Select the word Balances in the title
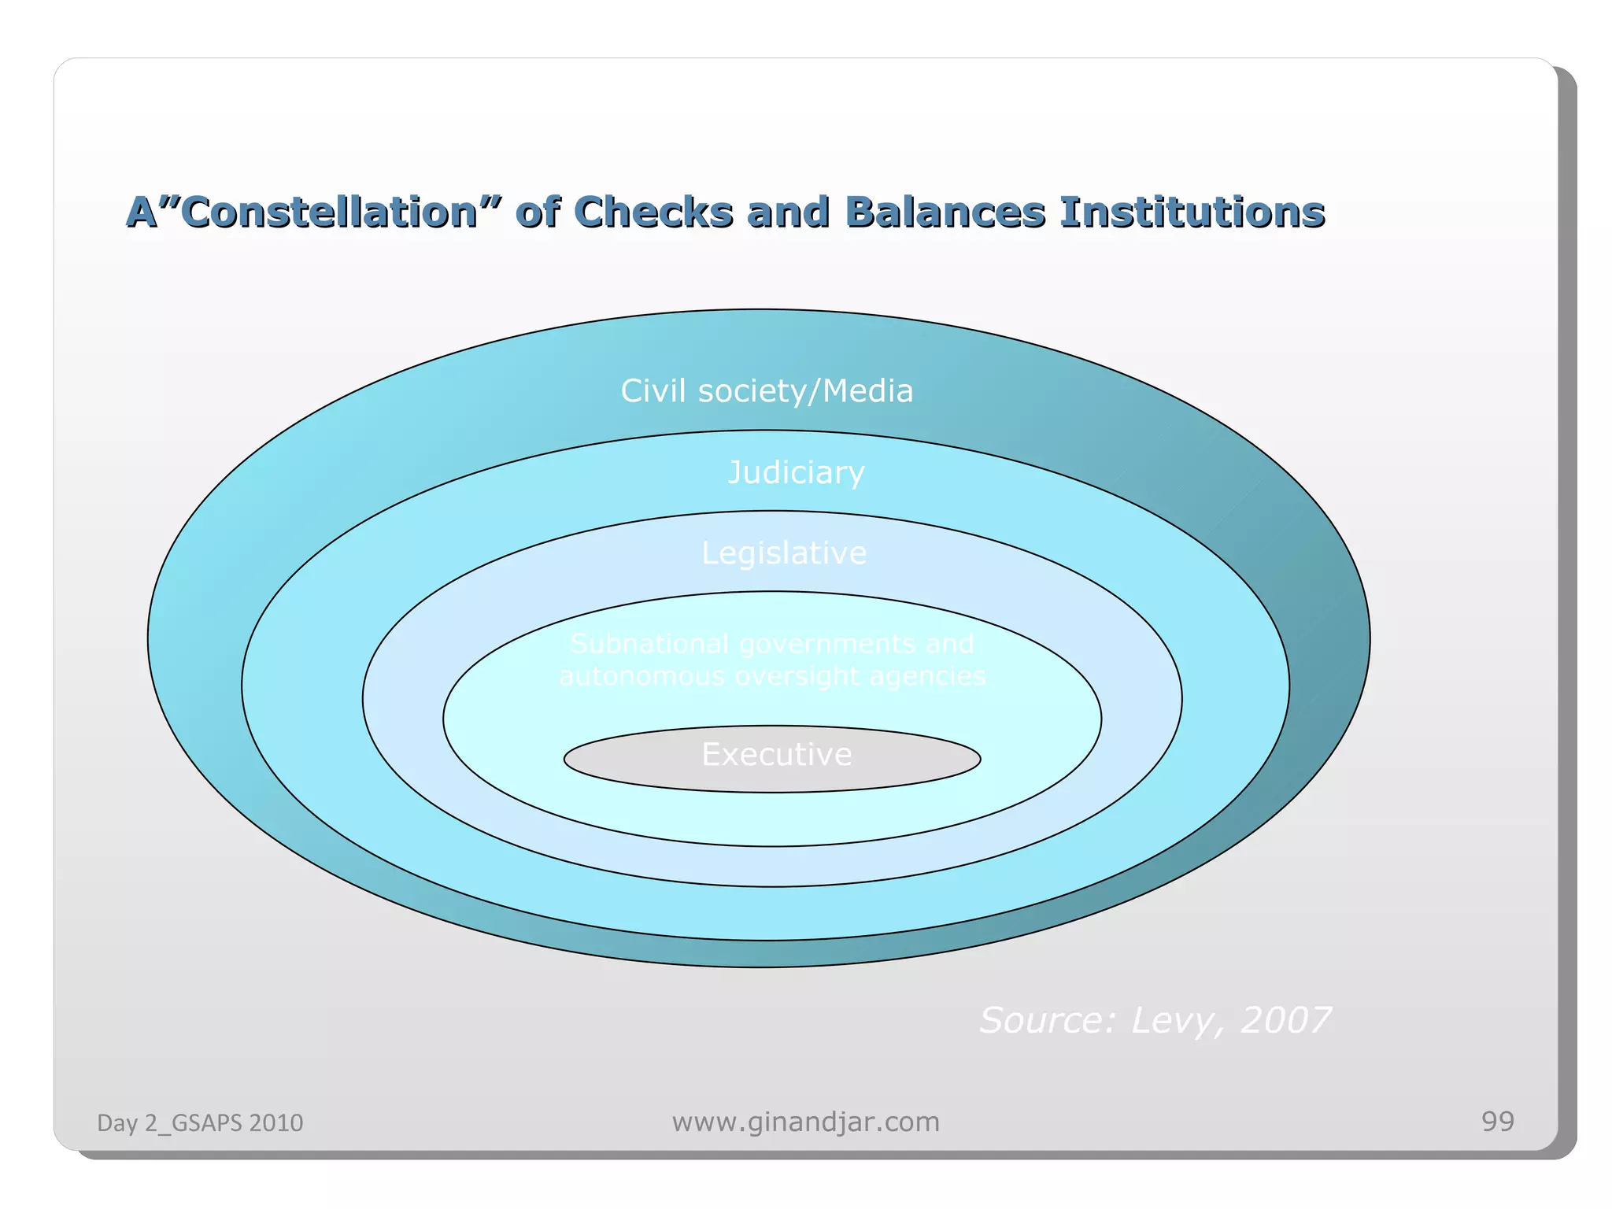click(x=945, y=213)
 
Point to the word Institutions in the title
click(x=1192, y=213)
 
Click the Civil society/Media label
click(x=767, y=391)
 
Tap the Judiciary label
click(x=796, y=472)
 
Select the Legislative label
click(x=784, y=553)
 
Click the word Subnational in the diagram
click(x=650, y=644)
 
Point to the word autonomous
click(x=642, y=676)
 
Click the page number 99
click(x=1497, y=1121)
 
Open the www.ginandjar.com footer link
click(x=805, y=1122)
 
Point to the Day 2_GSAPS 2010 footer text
click(x=200, y=1122)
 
